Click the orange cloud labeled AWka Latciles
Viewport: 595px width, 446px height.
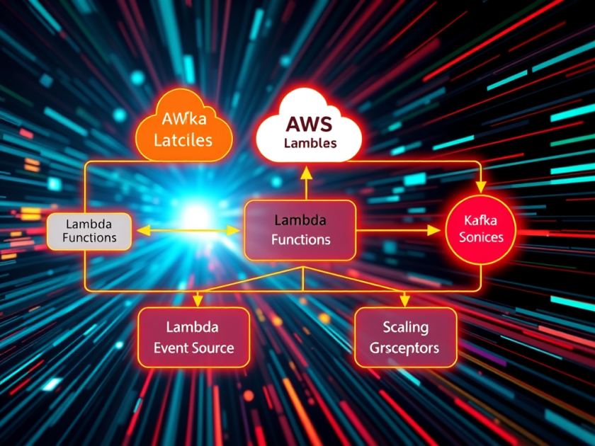tap(183, 127)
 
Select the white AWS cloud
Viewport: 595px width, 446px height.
tap(309, 129)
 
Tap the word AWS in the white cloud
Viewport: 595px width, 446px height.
tap(310, 124)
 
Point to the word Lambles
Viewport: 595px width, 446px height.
tap(310, 143)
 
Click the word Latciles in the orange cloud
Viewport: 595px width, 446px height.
tap(183, 139)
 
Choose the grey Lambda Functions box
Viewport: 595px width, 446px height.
tap(89, 230)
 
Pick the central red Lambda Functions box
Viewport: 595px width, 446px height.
tap(300, 230)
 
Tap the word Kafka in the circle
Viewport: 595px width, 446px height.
tap(481, 219)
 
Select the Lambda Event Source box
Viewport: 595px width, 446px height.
tap(193, 338)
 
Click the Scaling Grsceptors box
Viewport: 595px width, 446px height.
tap(405, 338)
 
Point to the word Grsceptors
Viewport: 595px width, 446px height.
tap(405, 348)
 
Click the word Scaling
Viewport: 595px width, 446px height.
tap(405, 327)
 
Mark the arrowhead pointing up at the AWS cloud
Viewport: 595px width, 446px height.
tap(305, 171)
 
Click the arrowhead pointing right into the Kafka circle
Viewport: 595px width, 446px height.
tap(433, 230)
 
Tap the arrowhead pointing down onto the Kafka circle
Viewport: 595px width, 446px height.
tap(481, 187)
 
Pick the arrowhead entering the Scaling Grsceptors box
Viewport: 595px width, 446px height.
tap(403, 300)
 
